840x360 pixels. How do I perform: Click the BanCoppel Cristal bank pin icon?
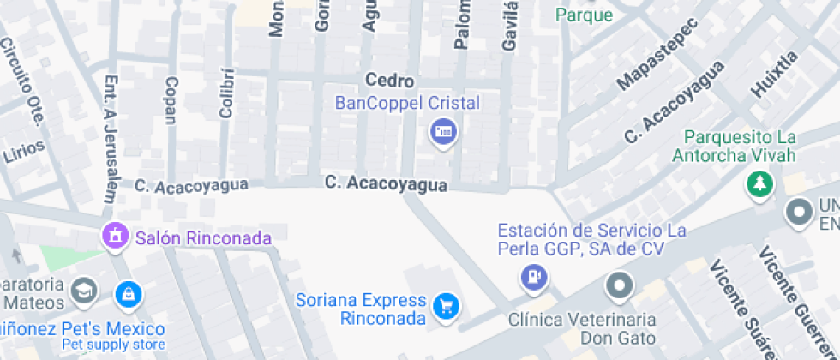tap(443, 132)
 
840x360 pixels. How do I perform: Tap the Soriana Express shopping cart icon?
tap(446, 306)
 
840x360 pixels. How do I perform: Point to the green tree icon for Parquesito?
tap(759, 183)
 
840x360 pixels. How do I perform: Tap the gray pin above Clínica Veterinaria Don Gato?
tap(619, 285)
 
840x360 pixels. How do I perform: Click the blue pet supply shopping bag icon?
tap(128, 294)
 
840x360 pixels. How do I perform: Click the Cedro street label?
tap(390, 81)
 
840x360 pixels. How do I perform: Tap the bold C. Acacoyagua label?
tap(386, 184)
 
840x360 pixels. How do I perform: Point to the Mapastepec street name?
tap(658, 54)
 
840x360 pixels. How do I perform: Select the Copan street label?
tap(171, 100)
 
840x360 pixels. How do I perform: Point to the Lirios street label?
tap(23, 152)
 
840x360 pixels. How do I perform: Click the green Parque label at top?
tap(585, 15)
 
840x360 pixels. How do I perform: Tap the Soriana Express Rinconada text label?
tap(360, 309)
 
